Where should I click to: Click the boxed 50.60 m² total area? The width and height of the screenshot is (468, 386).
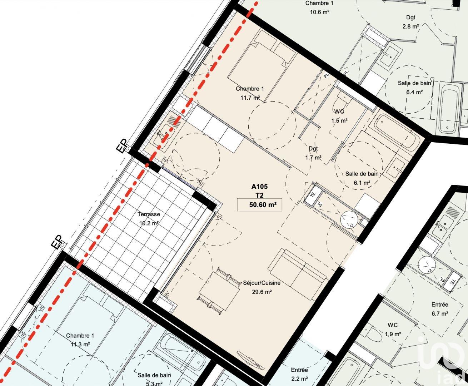point(259,205)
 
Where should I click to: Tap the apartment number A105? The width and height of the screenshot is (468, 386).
point(259,186)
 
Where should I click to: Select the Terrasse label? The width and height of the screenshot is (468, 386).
point(149,214)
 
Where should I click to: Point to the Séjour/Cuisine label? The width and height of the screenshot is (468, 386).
point(262,283)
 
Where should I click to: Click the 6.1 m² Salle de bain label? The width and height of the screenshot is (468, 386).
point(362,178)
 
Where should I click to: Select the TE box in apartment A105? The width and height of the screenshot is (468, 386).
point(313,195)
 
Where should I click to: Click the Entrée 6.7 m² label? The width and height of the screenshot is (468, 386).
point(439,309)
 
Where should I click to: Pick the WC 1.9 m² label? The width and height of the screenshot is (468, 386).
point(393,330)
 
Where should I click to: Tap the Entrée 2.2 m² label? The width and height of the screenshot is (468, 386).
point(299,374)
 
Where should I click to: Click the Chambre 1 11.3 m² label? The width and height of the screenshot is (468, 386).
point(80,340)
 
